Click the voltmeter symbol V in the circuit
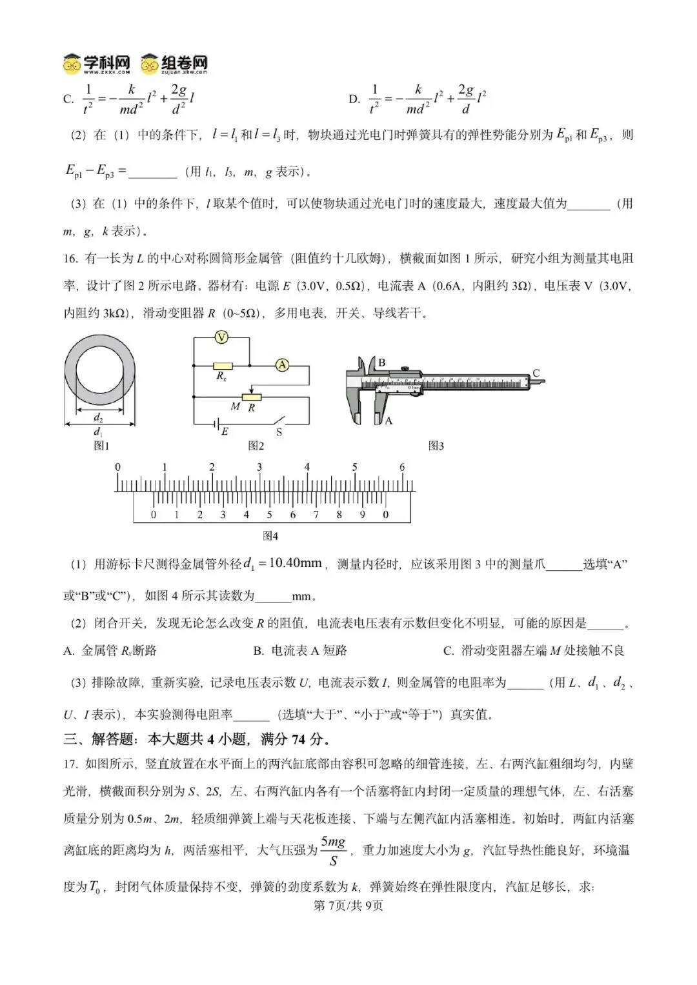click(221, 337)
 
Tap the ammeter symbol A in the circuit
click(282, 365)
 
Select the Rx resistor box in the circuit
click(223, 365)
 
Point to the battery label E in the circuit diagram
click(225, 432)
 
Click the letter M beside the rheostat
click(236, 406)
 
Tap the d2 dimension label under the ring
click(99, 417)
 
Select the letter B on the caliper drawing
click(381, 363)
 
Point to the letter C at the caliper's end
click(536, 373)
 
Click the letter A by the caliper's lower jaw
click(389, 421)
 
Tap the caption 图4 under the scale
click(270, 536)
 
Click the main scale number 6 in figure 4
click(401, 467)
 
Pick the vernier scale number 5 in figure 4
click(269, 515)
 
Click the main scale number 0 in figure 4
click(117, 467)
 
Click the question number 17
click(70, 764)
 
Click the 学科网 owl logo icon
click(72, 65)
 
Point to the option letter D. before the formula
click(354, 99)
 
